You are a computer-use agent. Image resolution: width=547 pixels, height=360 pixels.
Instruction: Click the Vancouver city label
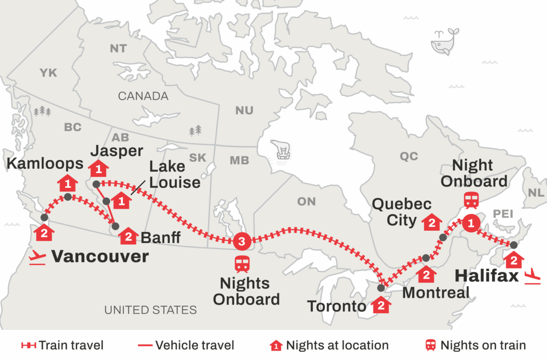point(100,256)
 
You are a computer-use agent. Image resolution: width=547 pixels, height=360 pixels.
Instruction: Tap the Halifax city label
point(486,275)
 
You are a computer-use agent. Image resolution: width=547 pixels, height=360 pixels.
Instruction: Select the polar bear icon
point(281,149)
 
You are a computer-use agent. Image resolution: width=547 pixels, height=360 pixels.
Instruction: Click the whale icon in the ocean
point(444,41)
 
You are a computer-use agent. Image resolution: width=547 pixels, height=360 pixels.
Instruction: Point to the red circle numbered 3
point(241,241)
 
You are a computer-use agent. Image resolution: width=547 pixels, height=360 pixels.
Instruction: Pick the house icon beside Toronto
point(380,305)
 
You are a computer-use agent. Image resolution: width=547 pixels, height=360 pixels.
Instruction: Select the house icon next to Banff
point(129,236)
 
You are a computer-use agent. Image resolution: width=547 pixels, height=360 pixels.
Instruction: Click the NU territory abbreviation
point(244,110)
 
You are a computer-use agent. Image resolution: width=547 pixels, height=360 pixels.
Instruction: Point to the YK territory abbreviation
point(48,73)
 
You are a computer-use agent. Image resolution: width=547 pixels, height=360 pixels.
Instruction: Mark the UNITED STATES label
point(150,310)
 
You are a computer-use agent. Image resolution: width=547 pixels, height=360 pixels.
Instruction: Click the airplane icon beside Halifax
point(530,276)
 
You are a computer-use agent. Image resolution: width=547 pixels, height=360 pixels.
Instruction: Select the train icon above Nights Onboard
point(241,264)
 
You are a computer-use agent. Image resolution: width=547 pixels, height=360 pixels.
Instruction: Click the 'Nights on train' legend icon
point(430,345)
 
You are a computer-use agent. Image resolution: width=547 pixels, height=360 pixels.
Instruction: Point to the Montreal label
point(436,292)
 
